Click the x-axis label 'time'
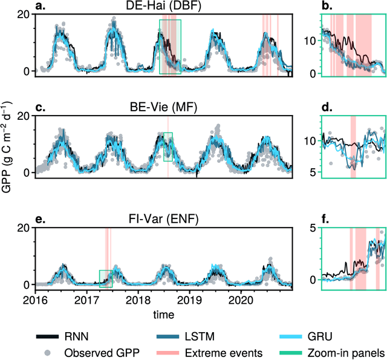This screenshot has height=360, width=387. pos(163,315)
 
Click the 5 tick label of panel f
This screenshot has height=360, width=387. pos(297,228)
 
